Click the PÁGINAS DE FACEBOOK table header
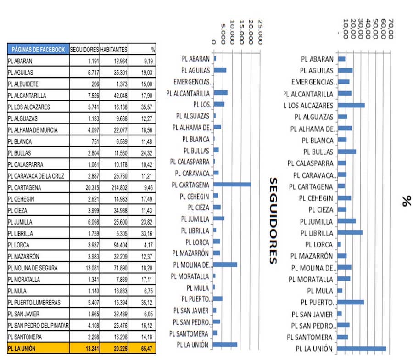click(x=38, y=49)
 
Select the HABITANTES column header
click(x=114, y=49)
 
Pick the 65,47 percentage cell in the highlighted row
click(x=147, y=349)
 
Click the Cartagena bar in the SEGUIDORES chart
click(x=232, y=185)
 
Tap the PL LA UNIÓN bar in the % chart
click(x=362, y=349)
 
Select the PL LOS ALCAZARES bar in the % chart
click(x=351, y=105)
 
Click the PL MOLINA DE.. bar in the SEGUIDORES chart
click(x=225, y=264)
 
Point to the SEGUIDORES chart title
click(x=273, y=221)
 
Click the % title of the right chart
click(x=407, y=201)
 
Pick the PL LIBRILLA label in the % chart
click(x=317, y=233)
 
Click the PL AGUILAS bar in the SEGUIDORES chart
click(x=220, y=70)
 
